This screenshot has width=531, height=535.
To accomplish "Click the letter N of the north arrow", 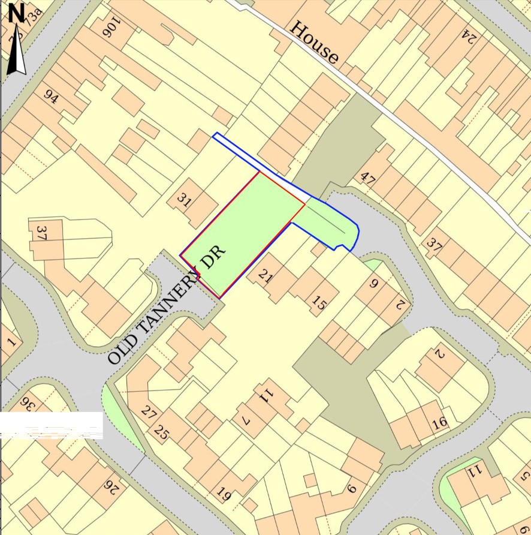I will coord(16,12).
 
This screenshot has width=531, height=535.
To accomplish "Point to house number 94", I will coord(51,97).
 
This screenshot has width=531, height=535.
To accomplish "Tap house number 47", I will coord(367,178).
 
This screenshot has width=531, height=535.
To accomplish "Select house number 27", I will coord(148,412).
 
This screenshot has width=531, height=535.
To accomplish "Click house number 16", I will coord(439,422).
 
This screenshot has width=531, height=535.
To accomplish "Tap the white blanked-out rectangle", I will coord(52,425).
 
